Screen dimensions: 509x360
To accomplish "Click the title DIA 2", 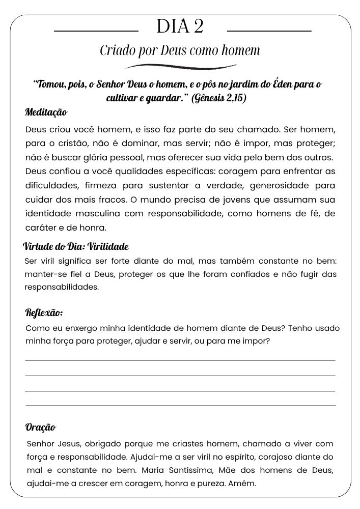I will (x=180, y=26).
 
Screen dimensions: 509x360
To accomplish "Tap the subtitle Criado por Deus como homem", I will (x=180, y=51).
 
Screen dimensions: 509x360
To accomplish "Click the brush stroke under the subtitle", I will (x=180, y=66).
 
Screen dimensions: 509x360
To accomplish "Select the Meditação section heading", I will (x=46, y=112).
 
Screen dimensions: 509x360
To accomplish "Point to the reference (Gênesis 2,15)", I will (x=218, y=98).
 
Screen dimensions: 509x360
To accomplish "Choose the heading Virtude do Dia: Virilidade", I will (x=76, y=247).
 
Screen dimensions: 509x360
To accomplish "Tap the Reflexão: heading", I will (x=44, y=313).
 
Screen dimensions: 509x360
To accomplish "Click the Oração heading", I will (x=40, y=427).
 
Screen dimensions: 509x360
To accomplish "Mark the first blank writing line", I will (x=180, y=360).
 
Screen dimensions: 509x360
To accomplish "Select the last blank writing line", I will (x=180, y=406).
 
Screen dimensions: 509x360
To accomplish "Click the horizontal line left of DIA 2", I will (x=96, y=31).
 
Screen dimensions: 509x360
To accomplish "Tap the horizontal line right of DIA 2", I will (x=268, y=31).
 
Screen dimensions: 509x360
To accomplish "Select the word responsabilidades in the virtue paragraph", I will (x=62, y=287).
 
